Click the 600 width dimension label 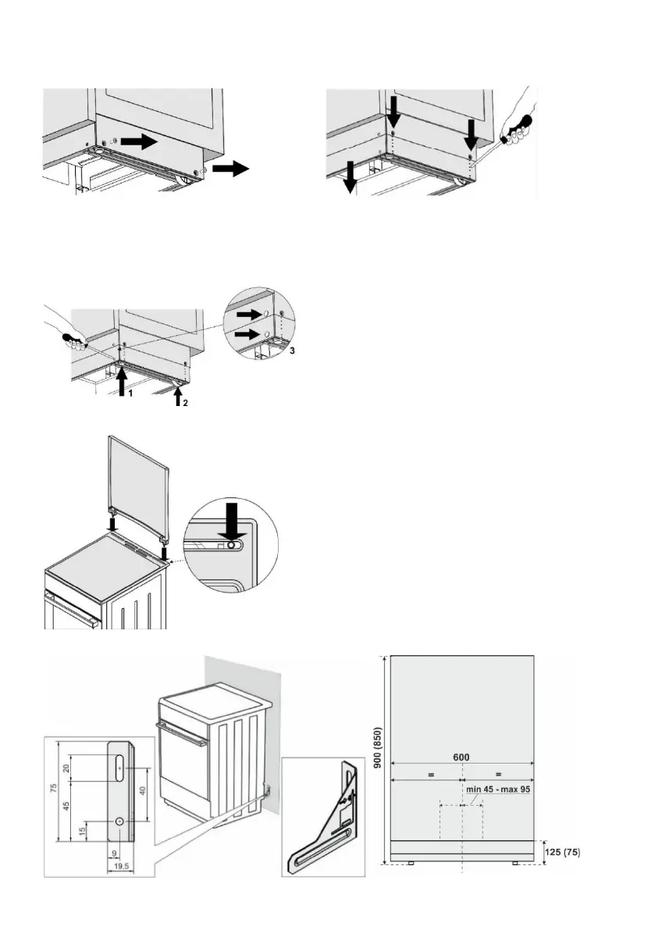(463, 756)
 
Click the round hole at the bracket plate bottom (119, 821)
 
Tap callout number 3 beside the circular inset (292, 351)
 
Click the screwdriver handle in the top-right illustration (516, 125)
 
